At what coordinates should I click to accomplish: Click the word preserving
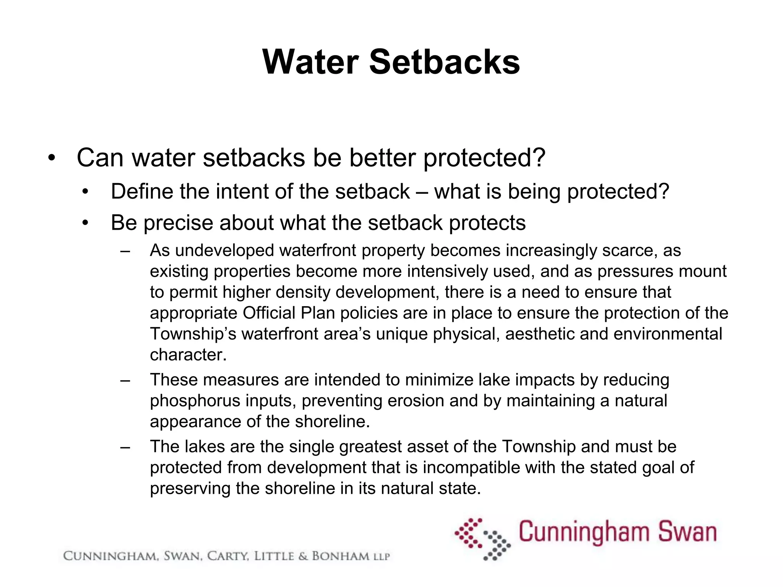190,489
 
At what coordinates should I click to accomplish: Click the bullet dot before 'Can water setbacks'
52,158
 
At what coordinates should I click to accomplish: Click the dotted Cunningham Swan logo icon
482,539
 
